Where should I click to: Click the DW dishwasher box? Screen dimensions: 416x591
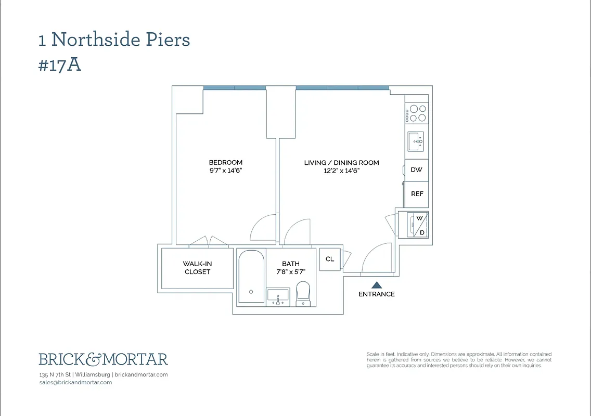click(416, 170)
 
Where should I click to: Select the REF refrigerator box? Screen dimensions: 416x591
click(417, 194)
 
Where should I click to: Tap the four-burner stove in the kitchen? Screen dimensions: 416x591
click(416, 113)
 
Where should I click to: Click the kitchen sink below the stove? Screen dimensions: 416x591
click(416, 140)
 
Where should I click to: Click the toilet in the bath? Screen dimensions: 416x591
click(303, 293)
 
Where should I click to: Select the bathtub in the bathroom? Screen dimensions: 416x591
click(251, 277)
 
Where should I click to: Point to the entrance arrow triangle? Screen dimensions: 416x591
click(376, 284)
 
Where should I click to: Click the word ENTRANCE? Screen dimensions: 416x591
click(376, 294)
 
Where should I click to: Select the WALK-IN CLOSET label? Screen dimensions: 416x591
click(197, 268)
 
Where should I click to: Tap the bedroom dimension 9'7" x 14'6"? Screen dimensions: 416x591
click(225, 170)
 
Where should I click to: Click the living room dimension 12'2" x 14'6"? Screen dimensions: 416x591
click(341, 171)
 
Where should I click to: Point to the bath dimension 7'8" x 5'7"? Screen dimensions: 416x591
click(290, 271)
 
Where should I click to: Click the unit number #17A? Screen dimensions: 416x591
click(60, 66)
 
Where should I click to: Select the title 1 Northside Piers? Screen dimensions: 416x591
click(114, 40)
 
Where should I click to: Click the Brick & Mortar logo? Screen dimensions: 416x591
click(103, 359)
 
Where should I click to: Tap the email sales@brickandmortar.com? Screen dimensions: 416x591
click(75, 382)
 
